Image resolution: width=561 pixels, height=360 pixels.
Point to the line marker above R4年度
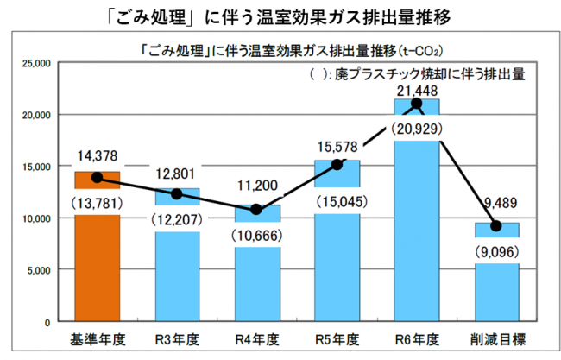click(255, 210)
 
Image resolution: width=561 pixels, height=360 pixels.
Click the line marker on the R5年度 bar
click(337, 164)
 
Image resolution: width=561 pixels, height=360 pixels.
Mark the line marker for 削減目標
click(495, 226)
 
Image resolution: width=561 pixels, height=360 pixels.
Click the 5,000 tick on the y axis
click(37, 270)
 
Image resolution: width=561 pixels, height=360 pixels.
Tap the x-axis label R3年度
click(176, 338)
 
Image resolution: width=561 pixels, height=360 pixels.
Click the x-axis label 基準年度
click(96, 338)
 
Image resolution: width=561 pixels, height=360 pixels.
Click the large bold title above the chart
click(280, 15)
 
